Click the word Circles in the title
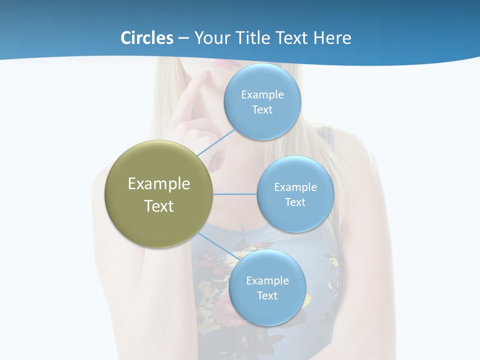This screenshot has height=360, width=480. point(147,37)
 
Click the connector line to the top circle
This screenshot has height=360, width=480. point(216,142)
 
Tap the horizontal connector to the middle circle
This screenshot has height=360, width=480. point(235,194)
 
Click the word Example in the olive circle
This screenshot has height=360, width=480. point(159,184)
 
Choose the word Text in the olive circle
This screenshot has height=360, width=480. point(159,206)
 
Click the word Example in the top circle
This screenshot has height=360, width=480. point(262,94)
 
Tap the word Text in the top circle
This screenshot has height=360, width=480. point(262,109)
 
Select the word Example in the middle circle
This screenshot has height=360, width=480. point(295,187)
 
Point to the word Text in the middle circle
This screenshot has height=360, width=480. point(295,202)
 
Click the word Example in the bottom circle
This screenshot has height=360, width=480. point(267,280)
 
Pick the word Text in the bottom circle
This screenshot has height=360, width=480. point(267,295)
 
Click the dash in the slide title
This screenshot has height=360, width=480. point(183,38)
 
